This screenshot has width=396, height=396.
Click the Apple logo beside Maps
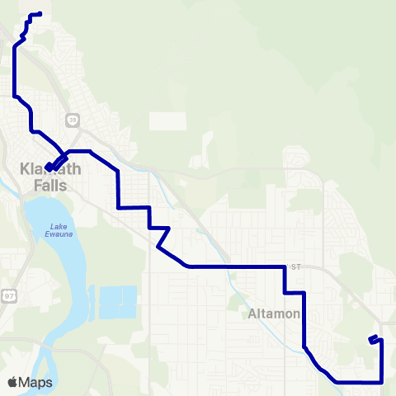12,383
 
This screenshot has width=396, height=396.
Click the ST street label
297,266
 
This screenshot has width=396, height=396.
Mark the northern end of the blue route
40,13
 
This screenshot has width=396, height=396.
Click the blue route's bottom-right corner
382,381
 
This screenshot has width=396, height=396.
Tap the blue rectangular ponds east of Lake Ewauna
117,303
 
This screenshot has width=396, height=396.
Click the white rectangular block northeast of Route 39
163,120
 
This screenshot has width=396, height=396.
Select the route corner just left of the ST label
284,267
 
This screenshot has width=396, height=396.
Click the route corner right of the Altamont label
305,293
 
